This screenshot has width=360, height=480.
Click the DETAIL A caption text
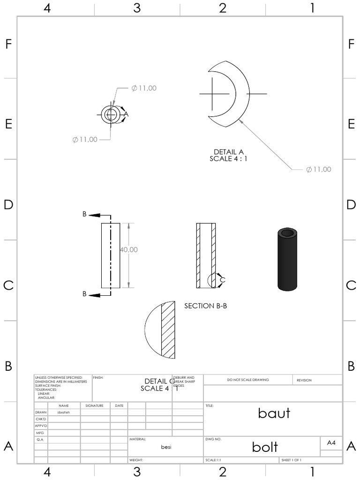pyautogui.click(x=229, y=152)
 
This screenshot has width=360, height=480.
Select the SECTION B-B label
pyautogui.click(x=206, y=306)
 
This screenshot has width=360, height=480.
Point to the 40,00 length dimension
pyautogui.click(x=129, y=250)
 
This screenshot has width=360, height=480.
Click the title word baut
pyautogui.click(x=274, y=413)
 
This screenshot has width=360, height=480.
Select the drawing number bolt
pyautogui.click(x=265, y=446)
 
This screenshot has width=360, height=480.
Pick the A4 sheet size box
pyautogui.click(x=331, y=443)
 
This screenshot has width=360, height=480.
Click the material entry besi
pyautogui.click(x=166, y=447)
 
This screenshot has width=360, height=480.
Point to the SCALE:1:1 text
pyautogui.click(x=213, y=460)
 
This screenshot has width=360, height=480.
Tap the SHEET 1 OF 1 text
pyautogui.click(x=292, y=460)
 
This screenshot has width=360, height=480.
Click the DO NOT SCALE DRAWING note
pyautogui.click(x=248, y=380)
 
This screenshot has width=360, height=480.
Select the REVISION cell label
pyautogui.click(x=304, y=380)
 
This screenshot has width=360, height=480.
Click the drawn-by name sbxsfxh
pyautogui.click(x=63, y=412)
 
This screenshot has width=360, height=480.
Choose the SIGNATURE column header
pyautogui.click(x=94, y=405)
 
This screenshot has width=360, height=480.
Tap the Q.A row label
pyautogui.click(x=40, y=440)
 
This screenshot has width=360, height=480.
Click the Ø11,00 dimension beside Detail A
pyautogui.click(x=319, y=170)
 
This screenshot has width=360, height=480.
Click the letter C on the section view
pyautogui.click(x=223, y=280)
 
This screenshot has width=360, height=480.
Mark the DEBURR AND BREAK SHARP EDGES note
pyautogui.click(x=187, y=381)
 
